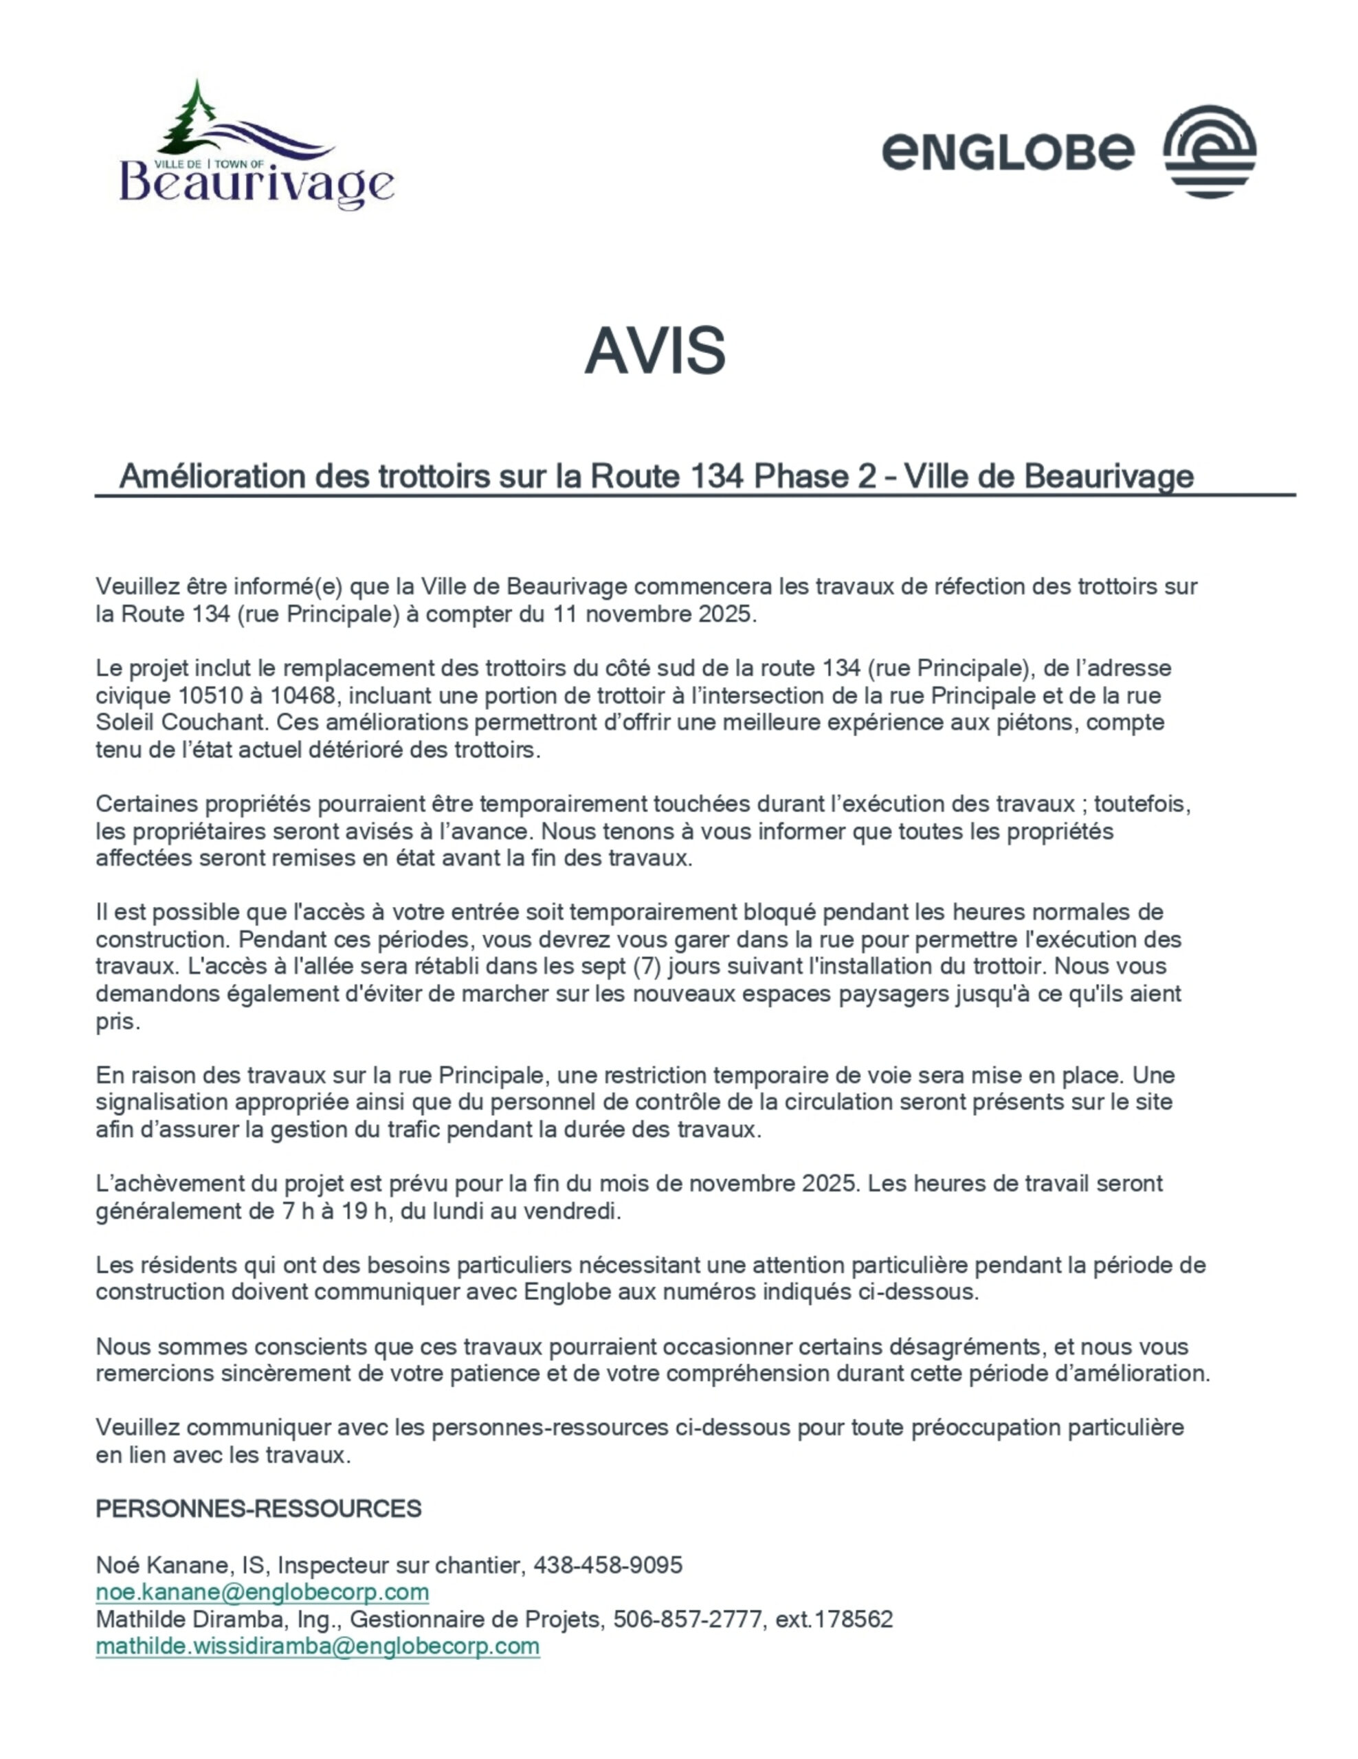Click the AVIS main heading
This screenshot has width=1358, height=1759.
(x=654, y=351)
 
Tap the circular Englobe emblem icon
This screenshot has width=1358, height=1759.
(x=1209, y=150)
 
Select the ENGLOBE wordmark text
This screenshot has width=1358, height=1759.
(x=1008, y=151)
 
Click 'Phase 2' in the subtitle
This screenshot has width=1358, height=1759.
(x=814, y=477)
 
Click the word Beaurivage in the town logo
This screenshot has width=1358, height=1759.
(x=256, y=184)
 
